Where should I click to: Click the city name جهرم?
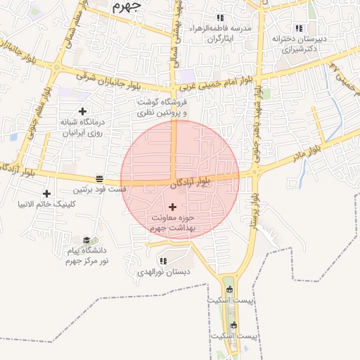pyautogui.click(x=127, y=6)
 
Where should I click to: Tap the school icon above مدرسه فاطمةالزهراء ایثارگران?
pyautogui.click(x=220, y=18)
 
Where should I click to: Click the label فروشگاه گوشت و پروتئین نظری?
pyautogui.click(x=163, y=107)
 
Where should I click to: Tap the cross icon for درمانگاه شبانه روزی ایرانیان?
pyautogui.click(x=83, y=111)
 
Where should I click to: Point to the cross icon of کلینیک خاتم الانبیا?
pyautogui.click(x=47, y=193)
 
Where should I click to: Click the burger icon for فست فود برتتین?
pyautogui.click(x=100, y=179)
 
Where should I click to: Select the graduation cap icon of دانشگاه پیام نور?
pyautogui.click(x=86, y=240)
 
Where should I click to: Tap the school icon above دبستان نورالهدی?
pyautogui.click(x=163, y=261)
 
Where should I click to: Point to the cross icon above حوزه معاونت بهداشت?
pyautogui.click(x=173, y=206)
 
